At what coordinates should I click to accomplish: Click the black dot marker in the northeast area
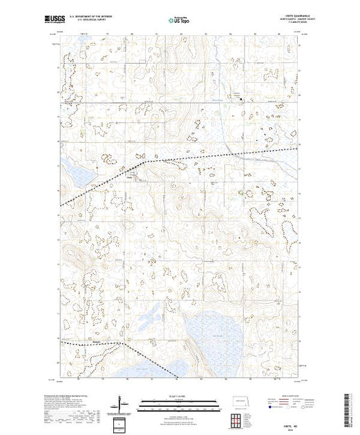(x=241, y=99)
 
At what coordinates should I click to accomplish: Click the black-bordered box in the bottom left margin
(x=123, y=422)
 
